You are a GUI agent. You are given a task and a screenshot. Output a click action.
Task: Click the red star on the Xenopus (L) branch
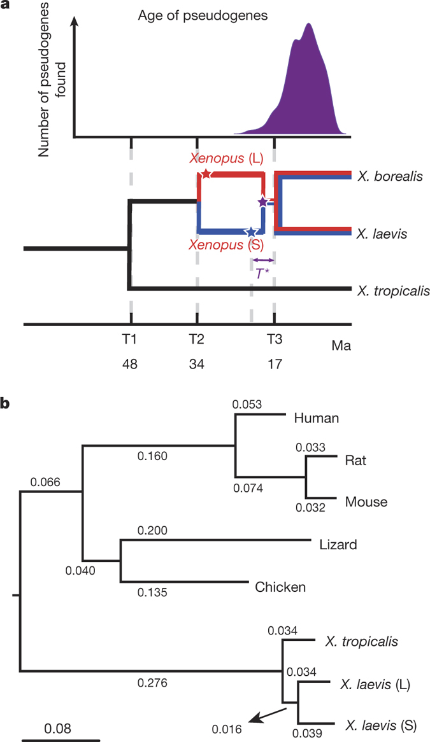click(206, 174)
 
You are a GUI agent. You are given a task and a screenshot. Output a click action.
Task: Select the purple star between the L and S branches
click(262, 202)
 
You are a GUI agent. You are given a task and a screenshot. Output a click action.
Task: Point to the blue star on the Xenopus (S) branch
click(252, 232)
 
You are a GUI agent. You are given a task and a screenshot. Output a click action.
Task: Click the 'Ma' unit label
click(341, 346)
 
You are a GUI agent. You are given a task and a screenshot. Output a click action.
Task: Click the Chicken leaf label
click(281, 586)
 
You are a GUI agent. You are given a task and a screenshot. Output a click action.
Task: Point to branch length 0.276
click(152, 683)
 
